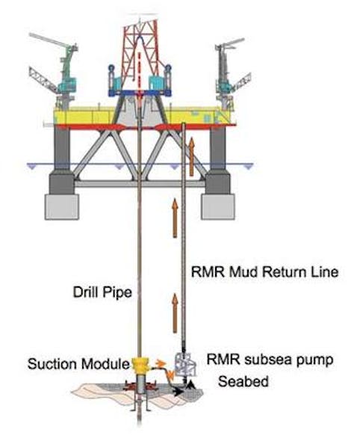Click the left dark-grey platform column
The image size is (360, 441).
pyautogui.click(x=60, y=180)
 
